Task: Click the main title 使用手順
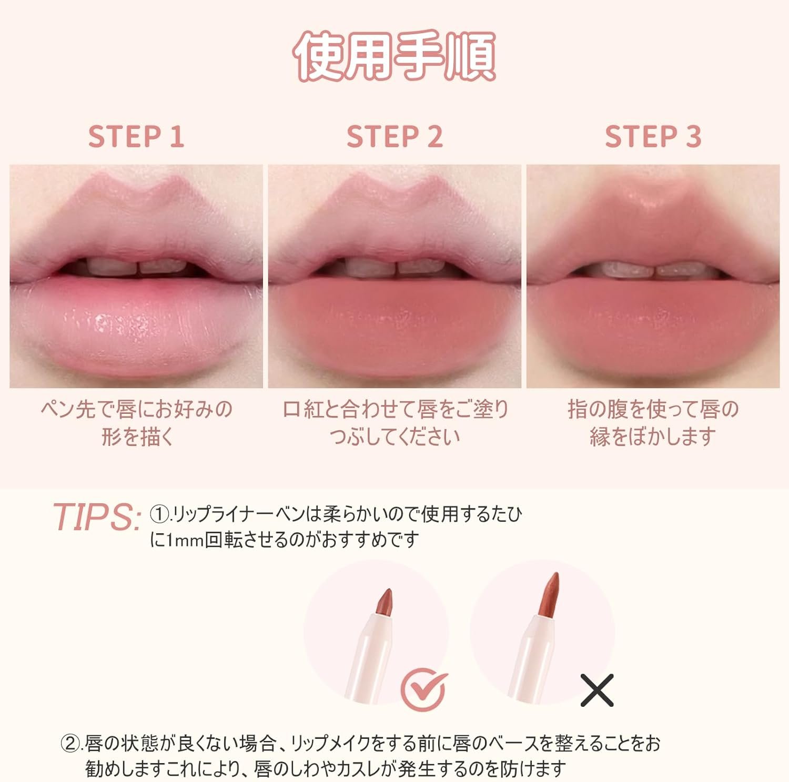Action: [394, 56]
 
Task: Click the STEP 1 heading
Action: [136, 137]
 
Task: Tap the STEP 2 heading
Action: [394, 137]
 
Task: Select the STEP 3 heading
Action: [653, 137]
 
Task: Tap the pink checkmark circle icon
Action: [424, 689]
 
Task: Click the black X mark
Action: [597, 690]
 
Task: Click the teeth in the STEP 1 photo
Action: [138, 267]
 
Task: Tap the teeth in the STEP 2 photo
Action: [396, 267]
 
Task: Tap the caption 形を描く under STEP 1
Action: [137, 436]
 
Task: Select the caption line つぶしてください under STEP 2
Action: [394, 436]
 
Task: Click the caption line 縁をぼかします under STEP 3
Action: [653, 436]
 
